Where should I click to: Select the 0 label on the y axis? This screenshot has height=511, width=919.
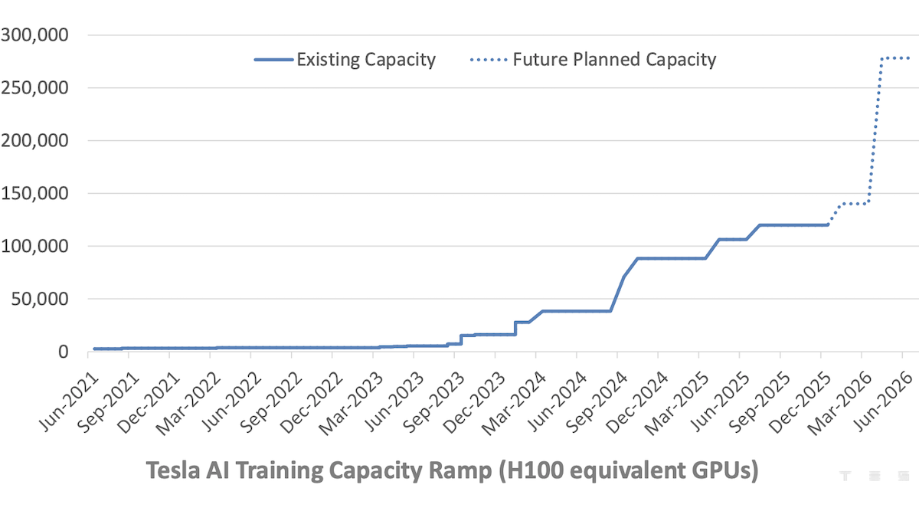64,352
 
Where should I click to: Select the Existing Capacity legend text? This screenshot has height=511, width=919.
366,60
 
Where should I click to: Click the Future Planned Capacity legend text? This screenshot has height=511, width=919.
614,60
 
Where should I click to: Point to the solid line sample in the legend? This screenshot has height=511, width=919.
273,60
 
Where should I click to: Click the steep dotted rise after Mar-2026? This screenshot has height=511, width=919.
874,138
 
